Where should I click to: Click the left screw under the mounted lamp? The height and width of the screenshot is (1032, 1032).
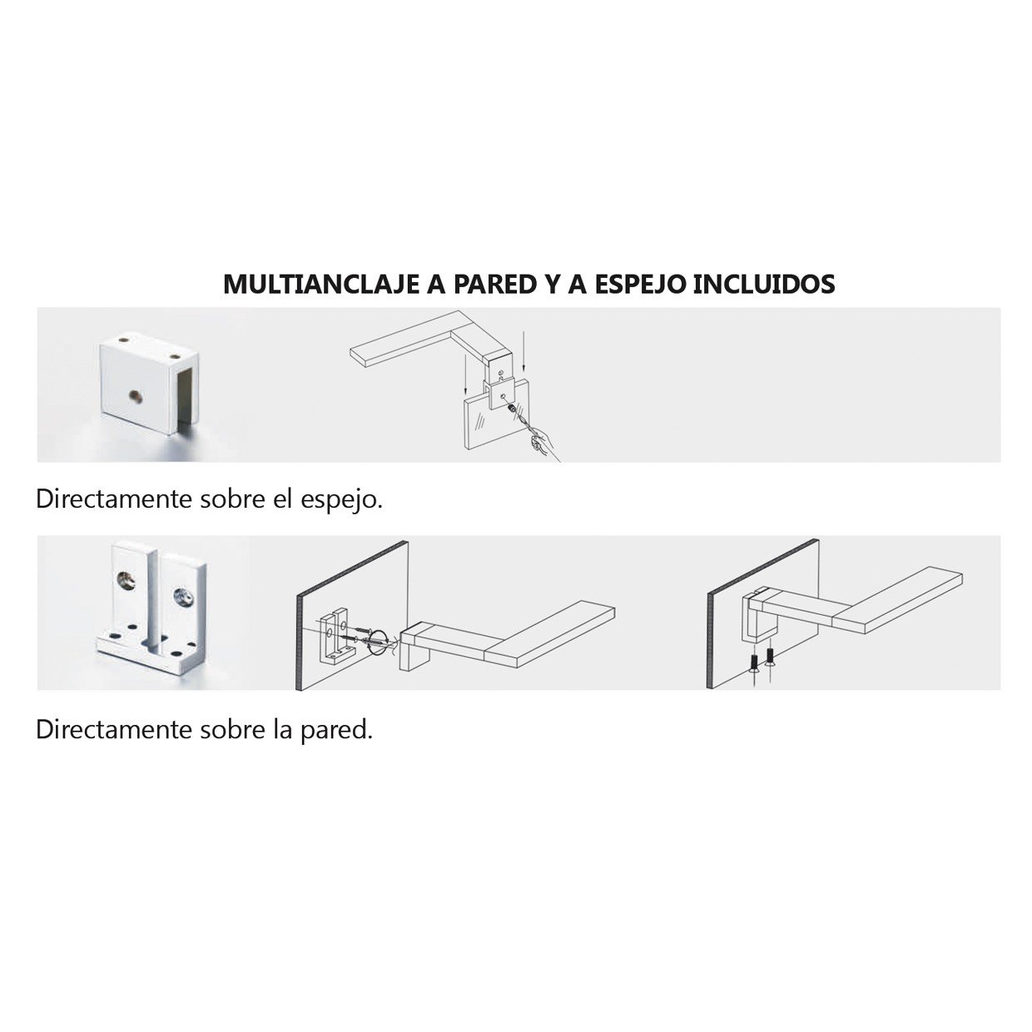pyautogui.click(x=754, y=663)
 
